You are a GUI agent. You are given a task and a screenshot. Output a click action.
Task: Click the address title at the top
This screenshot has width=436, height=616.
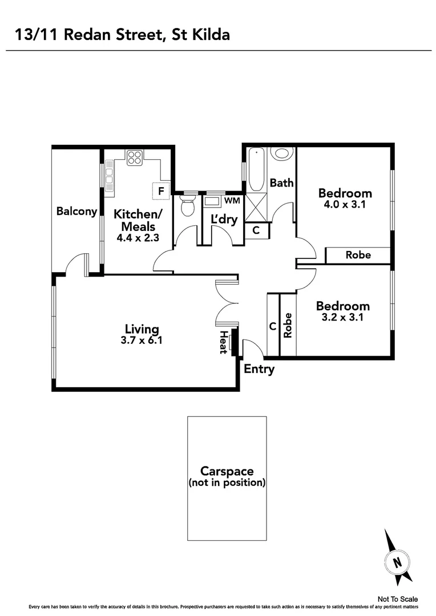point(123,35)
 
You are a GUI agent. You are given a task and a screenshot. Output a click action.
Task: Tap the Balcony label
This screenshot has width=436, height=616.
point(76,211)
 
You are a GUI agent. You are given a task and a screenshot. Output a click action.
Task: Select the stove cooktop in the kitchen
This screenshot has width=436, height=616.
point(135,157)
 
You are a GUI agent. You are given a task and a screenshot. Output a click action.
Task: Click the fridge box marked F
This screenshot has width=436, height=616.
point(161,191)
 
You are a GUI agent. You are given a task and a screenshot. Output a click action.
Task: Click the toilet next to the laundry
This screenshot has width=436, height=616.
point(187,206)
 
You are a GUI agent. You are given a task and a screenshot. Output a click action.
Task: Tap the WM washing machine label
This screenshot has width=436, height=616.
point(232,201)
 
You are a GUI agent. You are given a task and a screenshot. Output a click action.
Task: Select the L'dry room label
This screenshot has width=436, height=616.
point(224,220)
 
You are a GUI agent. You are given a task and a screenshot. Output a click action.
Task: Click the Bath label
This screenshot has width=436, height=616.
point(281,183)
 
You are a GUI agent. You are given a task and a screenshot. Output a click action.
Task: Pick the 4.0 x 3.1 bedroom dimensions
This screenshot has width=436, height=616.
point(345,204)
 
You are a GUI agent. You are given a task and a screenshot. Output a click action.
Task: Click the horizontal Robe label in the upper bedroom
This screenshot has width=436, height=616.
point(358,255)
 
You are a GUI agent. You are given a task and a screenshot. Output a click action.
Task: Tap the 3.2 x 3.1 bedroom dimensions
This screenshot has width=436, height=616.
point(343,318)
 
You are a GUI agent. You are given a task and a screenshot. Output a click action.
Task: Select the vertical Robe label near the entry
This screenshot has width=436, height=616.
point(288,326)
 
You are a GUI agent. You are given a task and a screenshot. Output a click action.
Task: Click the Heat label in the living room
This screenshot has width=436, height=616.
point(223,342)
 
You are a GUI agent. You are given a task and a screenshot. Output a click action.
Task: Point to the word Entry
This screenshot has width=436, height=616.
point(259,369)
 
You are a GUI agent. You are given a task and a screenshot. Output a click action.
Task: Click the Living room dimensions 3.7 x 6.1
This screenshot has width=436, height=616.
point(142,341)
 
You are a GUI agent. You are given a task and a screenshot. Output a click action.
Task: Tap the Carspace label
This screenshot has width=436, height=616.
point(227,472)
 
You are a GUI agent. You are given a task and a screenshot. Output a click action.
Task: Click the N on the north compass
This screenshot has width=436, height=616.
point(397,561)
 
